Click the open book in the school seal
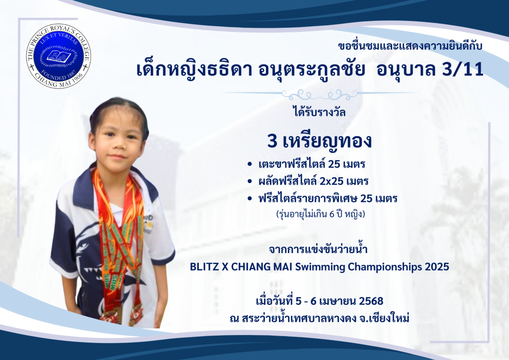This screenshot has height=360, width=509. (59, 56)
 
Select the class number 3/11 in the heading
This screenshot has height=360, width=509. (463, 70)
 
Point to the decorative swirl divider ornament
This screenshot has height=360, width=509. (320, 95)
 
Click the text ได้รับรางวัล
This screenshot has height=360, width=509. (319, 112)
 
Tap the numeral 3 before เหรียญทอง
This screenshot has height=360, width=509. (272, 142)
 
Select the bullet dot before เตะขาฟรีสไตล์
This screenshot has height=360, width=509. (250, 164)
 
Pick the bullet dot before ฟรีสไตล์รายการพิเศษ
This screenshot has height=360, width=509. (250, 199)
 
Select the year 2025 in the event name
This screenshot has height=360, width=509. (437, 267)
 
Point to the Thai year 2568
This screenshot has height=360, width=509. (371, 301)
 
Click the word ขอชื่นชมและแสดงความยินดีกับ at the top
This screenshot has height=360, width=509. (410, 46)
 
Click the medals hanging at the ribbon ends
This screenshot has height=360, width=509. (121, 314)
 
